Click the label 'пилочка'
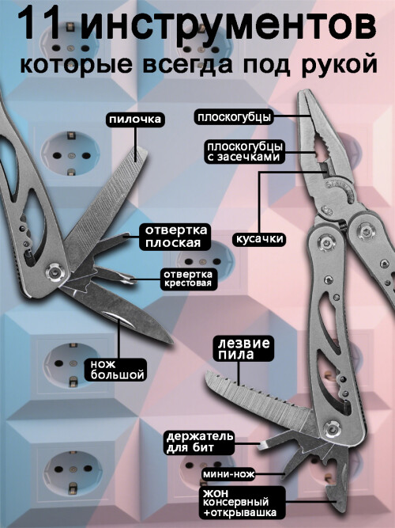pyautogui.click(x=135, y=120)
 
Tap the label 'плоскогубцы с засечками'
pyautogui.click(x=244, y=152)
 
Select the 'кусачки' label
pyautogui.click(x=259, y=239)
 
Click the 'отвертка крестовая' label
pyautogui.click(x=188, y=279)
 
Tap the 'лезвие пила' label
pyautogui.click(x=244, y=348)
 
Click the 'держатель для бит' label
pyautogui.click(x=200, y=443)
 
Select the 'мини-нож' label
pyautogui.click(x=228, y=474)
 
